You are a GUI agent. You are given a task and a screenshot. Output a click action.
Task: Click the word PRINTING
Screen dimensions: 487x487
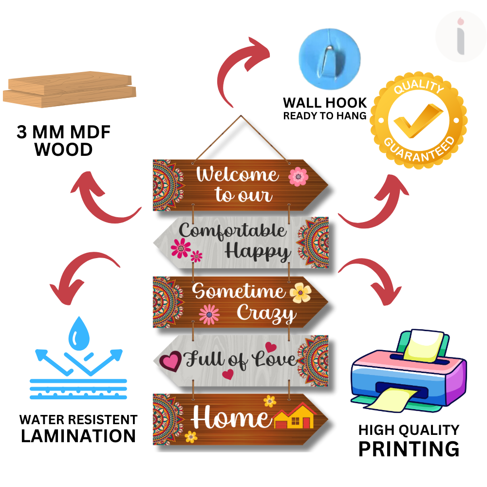pos(409,449)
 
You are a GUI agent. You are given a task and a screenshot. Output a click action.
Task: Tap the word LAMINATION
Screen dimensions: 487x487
pos(78,435)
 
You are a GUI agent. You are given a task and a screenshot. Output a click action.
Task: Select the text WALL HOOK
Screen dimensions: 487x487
pos(325,103)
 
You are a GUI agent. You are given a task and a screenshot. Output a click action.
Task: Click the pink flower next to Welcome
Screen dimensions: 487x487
pos(298,177)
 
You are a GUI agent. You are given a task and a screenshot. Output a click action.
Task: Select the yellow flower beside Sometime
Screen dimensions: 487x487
pos(300,292)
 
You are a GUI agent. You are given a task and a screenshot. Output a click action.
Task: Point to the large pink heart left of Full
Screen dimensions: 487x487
pos(170,361)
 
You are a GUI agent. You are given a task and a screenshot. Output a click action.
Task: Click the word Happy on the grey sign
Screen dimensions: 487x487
pos(258,252)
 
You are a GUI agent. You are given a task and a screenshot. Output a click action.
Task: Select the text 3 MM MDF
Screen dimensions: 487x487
pos(64,133)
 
